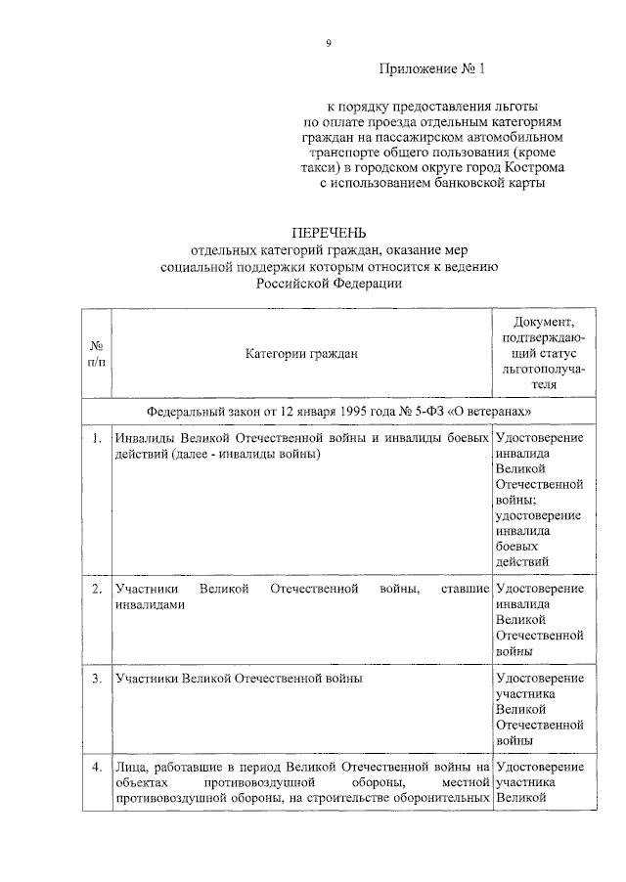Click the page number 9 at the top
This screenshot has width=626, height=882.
(x=330, y=42)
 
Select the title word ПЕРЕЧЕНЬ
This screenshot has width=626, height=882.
(x=330, y=233)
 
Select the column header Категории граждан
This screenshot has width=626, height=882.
(x=301, y=354)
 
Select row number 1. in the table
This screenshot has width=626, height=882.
(x=97, y=439)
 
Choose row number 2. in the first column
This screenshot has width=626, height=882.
(x=97, y=589)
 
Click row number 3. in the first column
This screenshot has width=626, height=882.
(x=97, y=678)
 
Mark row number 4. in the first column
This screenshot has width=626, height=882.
(x=97, y=767)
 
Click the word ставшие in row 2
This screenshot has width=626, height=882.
(x=466, y=589)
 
